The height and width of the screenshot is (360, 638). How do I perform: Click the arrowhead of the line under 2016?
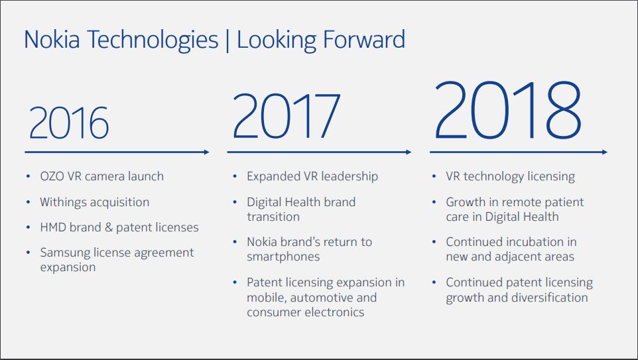(206, 152)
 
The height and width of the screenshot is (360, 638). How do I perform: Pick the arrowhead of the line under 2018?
(604, 152)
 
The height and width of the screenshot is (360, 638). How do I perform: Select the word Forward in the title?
(363, 40)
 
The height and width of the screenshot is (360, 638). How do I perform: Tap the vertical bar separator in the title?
(227, 40)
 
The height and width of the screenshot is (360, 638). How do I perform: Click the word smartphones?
(283, 256)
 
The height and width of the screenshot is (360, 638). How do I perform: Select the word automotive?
(320, 297)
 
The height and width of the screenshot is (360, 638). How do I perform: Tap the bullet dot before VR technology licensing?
(433, 177)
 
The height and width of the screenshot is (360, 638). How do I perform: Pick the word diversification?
(549, 297)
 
